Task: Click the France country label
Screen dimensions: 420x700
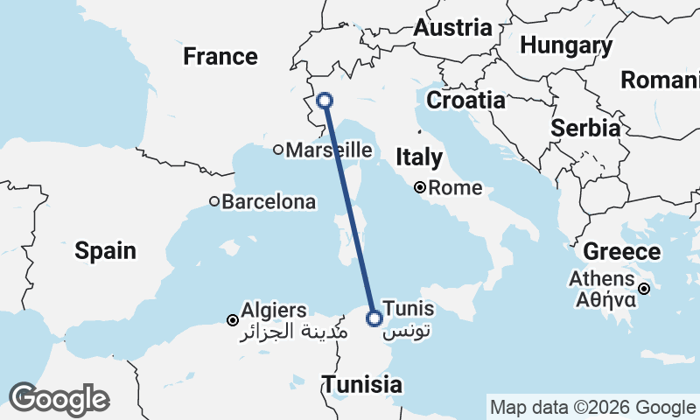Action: pyautogui.click(x=220, y=58)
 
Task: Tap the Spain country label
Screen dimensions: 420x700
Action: pyautogui.click(x=105, y=251)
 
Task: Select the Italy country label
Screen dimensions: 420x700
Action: pyautogui.click(x=419, y=158)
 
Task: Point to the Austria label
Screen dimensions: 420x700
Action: pyautogui.click(x=452, y=28)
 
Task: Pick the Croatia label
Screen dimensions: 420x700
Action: pyautogui.click(x=465, y=101)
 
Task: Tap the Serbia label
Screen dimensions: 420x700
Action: pyautogui.click(x=585, y=128)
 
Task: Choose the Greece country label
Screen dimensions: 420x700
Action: pyautogui.click(x=621, y=253)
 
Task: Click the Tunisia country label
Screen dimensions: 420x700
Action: pyautogui.click(x=362, y=384)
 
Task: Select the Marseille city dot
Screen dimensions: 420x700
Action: pyautogui.click(x=278, y=150)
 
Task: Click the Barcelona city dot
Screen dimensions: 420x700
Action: pyautogui.click(x=214, y=202)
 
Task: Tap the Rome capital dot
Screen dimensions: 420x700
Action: pyautogui.click(x=420, y=187)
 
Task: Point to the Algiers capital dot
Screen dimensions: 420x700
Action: pyautogui.click(x=232, y=320)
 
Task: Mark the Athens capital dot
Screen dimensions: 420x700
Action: pyautogui.click(x=644, y=289)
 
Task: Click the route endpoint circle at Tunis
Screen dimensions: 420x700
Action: pyautogui.click(x=374, y=318)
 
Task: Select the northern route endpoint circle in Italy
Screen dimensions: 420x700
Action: pyautogui.click(x=325, y=101)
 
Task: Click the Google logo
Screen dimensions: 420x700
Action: pyautogui.click(x=59, y=399)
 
